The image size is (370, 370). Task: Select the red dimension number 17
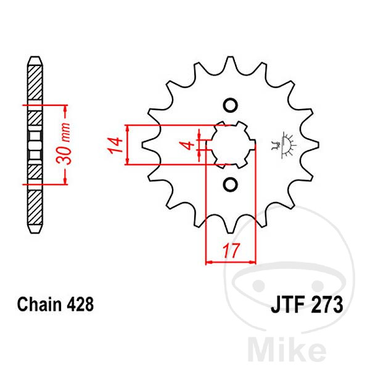click(229, 252)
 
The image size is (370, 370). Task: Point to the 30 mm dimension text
click(70, 144)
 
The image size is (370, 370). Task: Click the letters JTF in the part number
click(286, 305)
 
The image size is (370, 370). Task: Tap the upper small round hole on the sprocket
click(229, 105)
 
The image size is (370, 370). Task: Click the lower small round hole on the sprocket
click(229, 184)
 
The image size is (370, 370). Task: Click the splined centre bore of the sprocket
click(229, 144)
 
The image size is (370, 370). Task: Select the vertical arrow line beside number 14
click(126, 146)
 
